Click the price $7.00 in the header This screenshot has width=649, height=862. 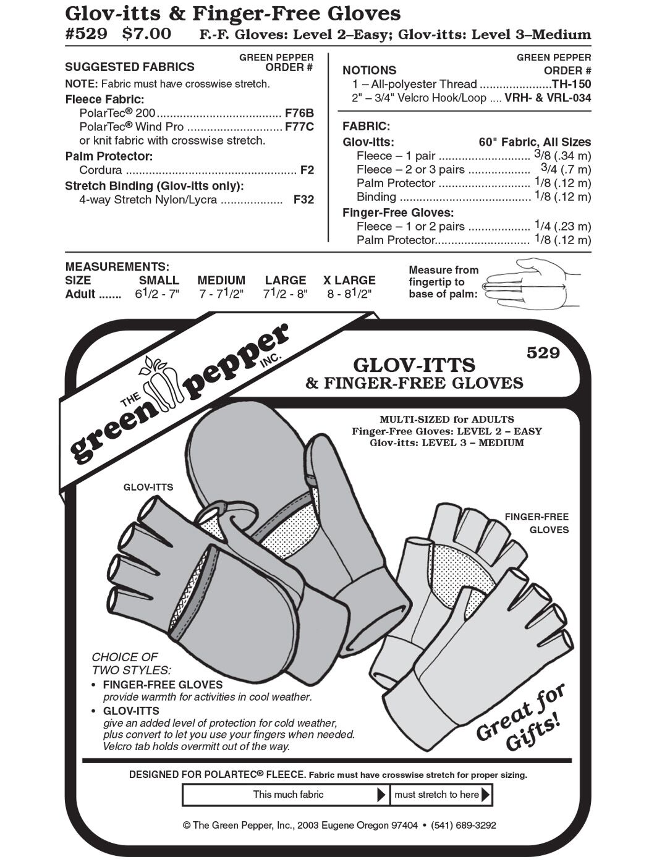tap(147, 34)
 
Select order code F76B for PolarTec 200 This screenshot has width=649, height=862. tap(300, 113)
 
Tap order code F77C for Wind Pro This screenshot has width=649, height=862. tap(300, 127)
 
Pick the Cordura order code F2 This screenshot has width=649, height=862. tap(307, 170)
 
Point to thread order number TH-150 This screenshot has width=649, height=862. tap(572, 84)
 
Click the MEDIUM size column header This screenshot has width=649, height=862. tap(221, 281)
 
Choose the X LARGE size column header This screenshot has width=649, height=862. tap(349, 281)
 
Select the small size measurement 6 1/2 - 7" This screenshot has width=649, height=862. tap(157, 294)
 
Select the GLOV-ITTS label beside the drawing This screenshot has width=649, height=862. tap(148, 487)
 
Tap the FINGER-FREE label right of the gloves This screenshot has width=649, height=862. tap(537, 517)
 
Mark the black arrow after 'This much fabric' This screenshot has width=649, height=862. tap(382, 795)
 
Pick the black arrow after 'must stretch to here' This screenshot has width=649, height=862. tap(485, 794)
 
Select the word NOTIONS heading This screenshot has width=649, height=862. tap(370, 70)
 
